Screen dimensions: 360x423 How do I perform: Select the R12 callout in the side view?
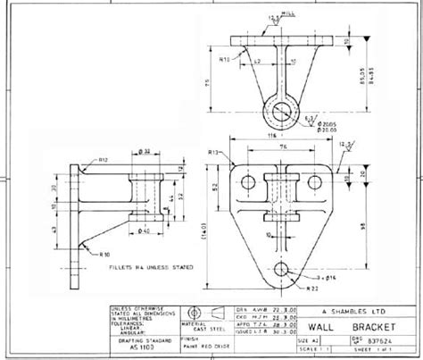tap(103, 160)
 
